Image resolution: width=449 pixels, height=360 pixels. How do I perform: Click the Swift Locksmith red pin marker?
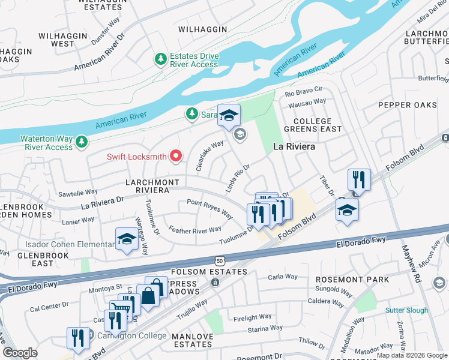coord(176,157)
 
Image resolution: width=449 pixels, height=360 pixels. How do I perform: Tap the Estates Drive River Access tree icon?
coord(160,59)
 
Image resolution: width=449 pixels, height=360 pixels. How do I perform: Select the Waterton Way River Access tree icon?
coord(82,142)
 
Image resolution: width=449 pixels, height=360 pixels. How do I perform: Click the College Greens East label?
coord(318,125)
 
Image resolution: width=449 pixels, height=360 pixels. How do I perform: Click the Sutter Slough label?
coord(406,310)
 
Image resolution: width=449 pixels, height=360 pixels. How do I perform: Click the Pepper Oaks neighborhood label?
coord(408,105)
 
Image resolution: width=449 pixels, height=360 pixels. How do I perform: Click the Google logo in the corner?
coord(20,353)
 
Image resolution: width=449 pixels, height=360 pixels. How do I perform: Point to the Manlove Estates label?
coord(192,340)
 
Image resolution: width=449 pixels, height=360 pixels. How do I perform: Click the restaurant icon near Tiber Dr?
coord(359,179)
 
